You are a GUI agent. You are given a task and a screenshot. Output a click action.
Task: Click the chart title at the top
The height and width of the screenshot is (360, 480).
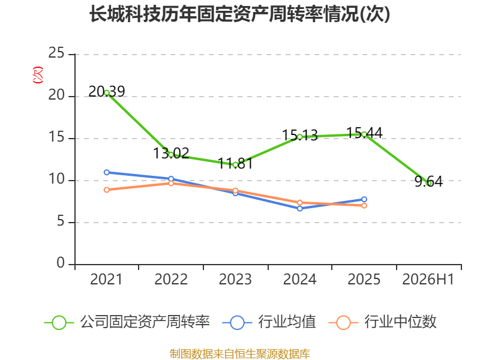239,14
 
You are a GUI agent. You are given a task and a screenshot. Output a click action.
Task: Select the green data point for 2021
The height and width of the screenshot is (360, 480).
107,93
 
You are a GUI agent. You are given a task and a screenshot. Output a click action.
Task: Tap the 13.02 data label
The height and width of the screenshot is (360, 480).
171,153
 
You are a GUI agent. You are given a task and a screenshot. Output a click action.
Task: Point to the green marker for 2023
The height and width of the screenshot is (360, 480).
235,165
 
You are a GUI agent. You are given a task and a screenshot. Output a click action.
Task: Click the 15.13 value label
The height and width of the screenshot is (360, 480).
299,135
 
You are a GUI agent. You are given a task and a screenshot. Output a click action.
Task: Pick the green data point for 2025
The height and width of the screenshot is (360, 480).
364,134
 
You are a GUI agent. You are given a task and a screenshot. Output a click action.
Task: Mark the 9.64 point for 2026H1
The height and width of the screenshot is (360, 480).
428,183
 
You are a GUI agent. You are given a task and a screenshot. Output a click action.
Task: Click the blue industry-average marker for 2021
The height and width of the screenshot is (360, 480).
107,172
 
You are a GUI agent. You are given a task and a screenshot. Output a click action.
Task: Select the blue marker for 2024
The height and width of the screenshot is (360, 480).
299,208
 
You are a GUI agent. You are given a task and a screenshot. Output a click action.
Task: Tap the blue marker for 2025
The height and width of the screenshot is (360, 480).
364,199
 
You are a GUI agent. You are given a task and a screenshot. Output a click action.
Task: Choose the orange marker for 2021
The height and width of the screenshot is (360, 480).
107,190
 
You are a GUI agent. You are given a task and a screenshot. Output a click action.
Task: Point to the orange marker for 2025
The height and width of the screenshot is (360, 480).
364,205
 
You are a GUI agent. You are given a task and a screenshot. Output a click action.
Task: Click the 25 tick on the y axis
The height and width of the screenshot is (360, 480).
56,53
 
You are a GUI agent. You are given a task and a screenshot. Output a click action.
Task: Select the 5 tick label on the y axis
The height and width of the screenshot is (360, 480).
61,221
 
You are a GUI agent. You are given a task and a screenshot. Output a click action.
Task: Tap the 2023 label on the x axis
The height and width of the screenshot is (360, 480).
235,279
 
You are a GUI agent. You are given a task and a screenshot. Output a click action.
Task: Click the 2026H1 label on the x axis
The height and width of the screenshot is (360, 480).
428,279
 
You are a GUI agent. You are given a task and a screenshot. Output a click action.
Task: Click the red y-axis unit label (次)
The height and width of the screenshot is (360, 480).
38,75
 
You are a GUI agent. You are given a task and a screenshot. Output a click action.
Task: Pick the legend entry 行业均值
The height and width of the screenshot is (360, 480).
269,322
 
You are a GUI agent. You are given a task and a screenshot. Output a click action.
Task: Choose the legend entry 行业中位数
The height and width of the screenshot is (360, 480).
382,322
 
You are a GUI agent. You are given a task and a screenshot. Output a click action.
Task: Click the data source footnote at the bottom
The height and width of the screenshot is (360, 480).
239,354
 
